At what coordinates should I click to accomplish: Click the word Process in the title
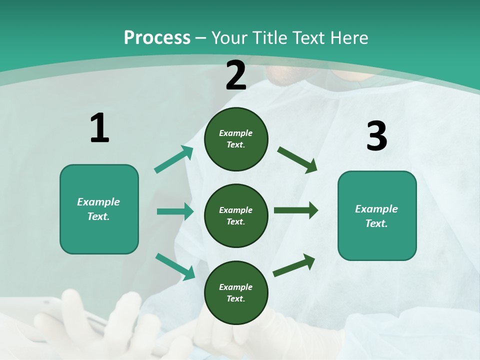157,38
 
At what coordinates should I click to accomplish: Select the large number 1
99,128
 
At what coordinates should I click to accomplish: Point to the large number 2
236,76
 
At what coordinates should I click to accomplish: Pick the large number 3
376,136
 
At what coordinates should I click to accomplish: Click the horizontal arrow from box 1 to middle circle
175,211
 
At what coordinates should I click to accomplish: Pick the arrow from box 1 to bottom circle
175,266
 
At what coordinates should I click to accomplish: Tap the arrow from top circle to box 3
297,159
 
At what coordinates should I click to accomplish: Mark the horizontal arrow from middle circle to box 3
295,210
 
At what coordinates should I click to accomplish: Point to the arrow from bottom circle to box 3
294,265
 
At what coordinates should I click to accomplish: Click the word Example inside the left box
98,202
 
